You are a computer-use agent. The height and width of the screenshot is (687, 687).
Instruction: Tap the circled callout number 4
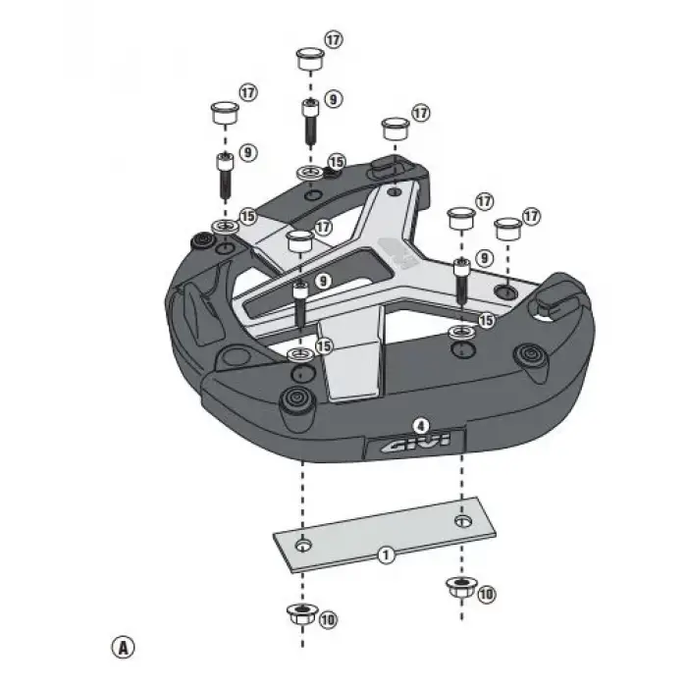[420, 426]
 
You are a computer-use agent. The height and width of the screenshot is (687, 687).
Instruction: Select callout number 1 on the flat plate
[386, 555]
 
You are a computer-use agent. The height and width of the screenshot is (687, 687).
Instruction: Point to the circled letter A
[122, 647]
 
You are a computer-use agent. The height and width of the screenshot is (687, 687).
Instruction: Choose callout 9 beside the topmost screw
[335, 99]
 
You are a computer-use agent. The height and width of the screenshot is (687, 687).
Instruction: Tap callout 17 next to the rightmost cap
[532, 214]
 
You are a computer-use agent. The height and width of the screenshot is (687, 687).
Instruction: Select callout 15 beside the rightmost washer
[486, 320]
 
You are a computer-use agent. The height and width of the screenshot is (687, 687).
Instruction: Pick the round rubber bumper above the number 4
[292, 399]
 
